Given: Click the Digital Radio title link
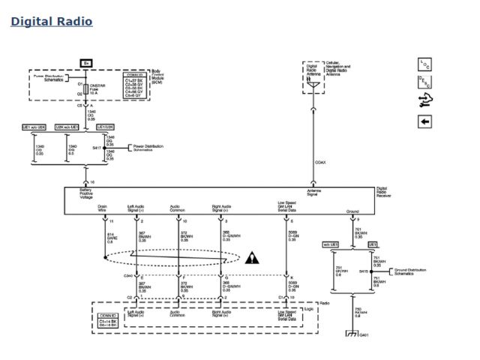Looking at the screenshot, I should click(x=52, y=21).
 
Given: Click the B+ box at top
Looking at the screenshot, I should click(x=87, y=63).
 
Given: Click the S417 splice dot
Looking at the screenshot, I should click(x=104, y=148).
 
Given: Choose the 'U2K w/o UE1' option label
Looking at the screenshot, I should click(x=73, y=127).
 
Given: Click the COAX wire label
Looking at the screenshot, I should click(x=320, y=161).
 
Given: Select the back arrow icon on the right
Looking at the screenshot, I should click(x=424, y=121).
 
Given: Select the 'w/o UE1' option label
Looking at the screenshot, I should click(x=331, y=244).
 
